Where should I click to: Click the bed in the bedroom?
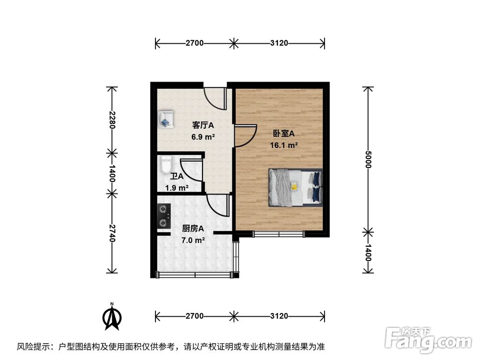[295, 187]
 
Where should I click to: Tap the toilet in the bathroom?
[165, 165]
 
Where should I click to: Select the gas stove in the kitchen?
[164, 216]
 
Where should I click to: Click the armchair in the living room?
[166, 119]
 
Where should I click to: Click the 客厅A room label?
[203, 126]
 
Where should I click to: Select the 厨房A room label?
[193, 228]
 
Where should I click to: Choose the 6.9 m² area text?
[203, 137]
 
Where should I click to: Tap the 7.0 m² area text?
[193, 240]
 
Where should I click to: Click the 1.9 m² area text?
[177, 188]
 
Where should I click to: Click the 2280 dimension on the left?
[112, 120]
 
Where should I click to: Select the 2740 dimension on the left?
[112, 233]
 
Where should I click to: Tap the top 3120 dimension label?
[279, 43]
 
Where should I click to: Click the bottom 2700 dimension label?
[195, 316]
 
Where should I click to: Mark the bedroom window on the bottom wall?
[279, 234]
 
